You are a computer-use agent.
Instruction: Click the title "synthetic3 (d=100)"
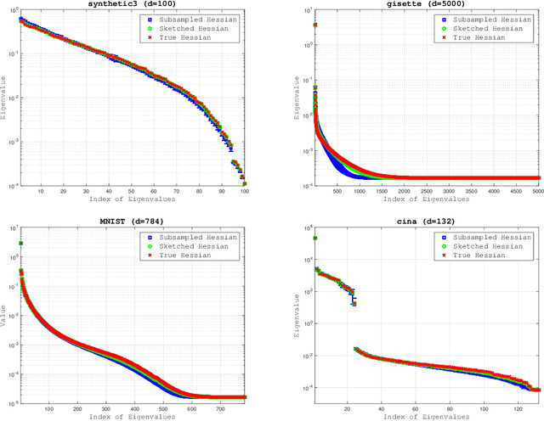coord(137,4)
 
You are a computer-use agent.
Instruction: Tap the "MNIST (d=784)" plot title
coord(137,221)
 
